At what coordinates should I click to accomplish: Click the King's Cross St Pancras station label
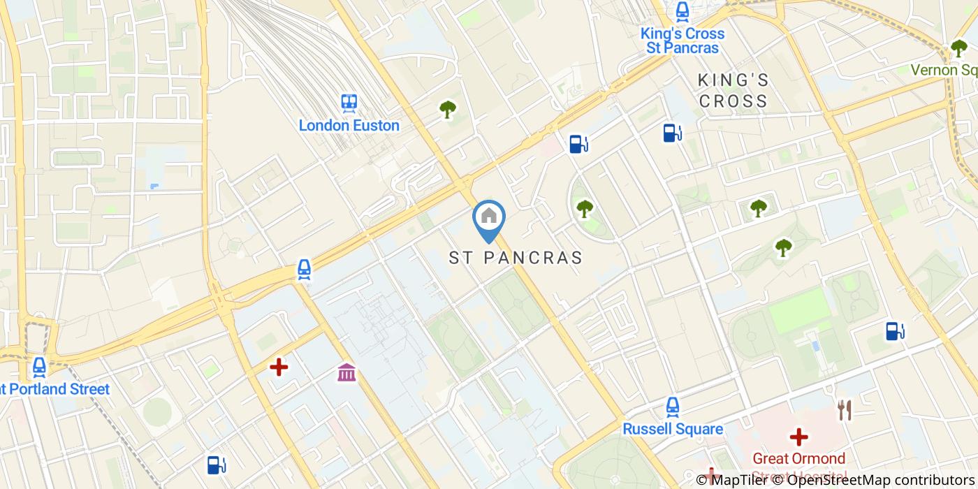coord(682,41)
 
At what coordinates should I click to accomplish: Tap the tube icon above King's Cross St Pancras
coord(682,11)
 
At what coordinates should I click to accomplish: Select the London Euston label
coord(349,126)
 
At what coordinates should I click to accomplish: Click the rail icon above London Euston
coord(349,103)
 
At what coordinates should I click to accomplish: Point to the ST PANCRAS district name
coord(516,258)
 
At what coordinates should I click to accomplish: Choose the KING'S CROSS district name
coord(733,91)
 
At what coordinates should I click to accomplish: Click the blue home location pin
coord(489,218)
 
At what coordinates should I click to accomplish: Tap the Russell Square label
coord(672,428)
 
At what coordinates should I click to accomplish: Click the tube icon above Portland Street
coord(39,367)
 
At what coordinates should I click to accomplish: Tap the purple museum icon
coord(346,372)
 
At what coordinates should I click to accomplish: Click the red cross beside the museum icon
coord(279,367)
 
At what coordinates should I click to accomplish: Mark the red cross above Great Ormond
coord(798,437)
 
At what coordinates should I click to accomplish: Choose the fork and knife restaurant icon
coord(845,410)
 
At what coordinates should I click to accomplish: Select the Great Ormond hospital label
coord(798,459)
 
